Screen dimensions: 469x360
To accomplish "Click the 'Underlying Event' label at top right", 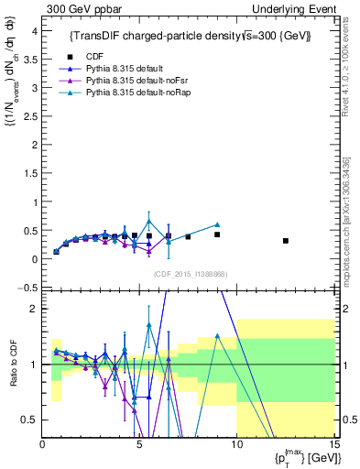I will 301,8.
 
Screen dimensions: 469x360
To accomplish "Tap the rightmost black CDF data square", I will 286,241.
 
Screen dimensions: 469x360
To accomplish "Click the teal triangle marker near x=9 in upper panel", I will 217,224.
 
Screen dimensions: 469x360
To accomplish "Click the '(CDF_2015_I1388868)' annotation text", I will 189,274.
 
